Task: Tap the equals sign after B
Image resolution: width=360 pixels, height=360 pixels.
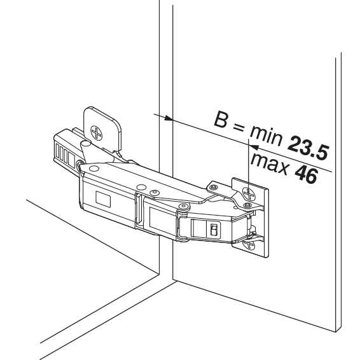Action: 239,127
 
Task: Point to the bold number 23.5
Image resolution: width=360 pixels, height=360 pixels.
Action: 308,148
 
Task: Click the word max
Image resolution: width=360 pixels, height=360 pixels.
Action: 268,163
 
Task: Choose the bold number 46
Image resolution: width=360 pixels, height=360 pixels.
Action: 306,175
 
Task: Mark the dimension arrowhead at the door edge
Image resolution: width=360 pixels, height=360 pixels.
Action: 169,118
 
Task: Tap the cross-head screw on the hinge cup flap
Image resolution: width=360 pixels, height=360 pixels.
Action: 96,132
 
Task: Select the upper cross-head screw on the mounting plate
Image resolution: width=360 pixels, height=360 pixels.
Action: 249,193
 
